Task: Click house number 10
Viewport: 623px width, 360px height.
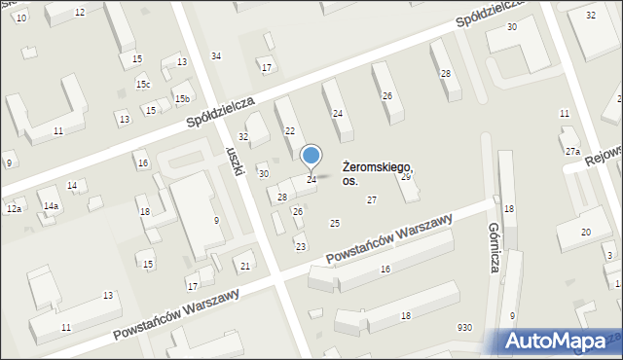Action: [22, 18]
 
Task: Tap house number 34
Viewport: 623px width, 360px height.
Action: [216, 55]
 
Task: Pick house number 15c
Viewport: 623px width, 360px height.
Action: [143, 85]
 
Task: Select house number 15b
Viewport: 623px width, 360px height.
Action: [181, 99]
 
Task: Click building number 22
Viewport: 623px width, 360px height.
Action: [289, 130]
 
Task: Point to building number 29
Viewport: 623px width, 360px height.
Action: [406, 177]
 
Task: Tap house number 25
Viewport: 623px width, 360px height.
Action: [335, 224]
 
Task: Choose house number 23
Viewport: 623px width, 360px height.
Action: [301, 246]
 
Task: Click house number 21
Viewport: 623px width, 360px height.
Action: [245, 267]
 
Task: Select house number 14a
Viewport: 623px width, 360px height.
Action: [51, 206]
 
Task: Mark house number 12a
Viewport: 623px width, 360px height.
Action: [14, 209]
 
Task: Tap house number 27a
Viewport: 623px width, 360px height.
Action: [572, 152]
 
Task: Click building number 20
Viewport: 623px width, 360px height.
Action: [586, 232]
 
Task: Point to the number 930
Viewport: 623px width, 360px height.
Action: [465, 328]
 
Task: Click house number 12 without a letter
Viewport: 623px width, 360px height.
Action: [80, 12]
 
